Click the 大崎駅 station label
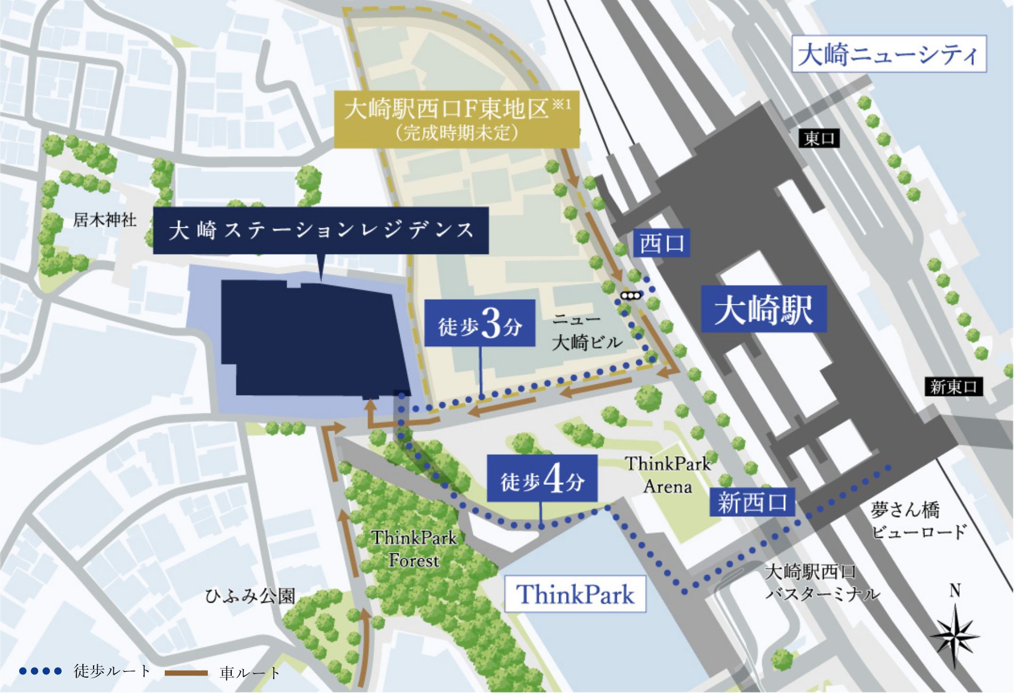pos(763,309)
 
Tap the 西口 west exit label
pos(661,243)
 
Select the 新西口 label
pos(751,502)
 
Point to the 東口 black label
pos(819,139)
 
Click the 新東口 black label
pos(953,387)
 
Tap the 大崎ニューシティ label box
pos(889,54)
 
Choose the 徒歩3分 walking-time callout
pos(479,323)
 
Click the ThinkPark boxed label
pos(574,594)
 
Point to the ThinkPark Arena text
pos(667,475)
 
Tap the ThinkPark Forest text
pos(414,549)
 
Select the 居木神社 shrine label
pos(105,219)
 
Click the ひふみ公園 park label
pos(250,596)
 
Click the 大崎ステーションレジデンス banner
pos(320,230)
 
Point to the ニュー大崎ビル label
pos(586,332)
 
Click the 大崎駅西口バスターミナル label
pos(822,583)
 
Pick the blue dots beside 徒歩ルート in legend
pos(40,671)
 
